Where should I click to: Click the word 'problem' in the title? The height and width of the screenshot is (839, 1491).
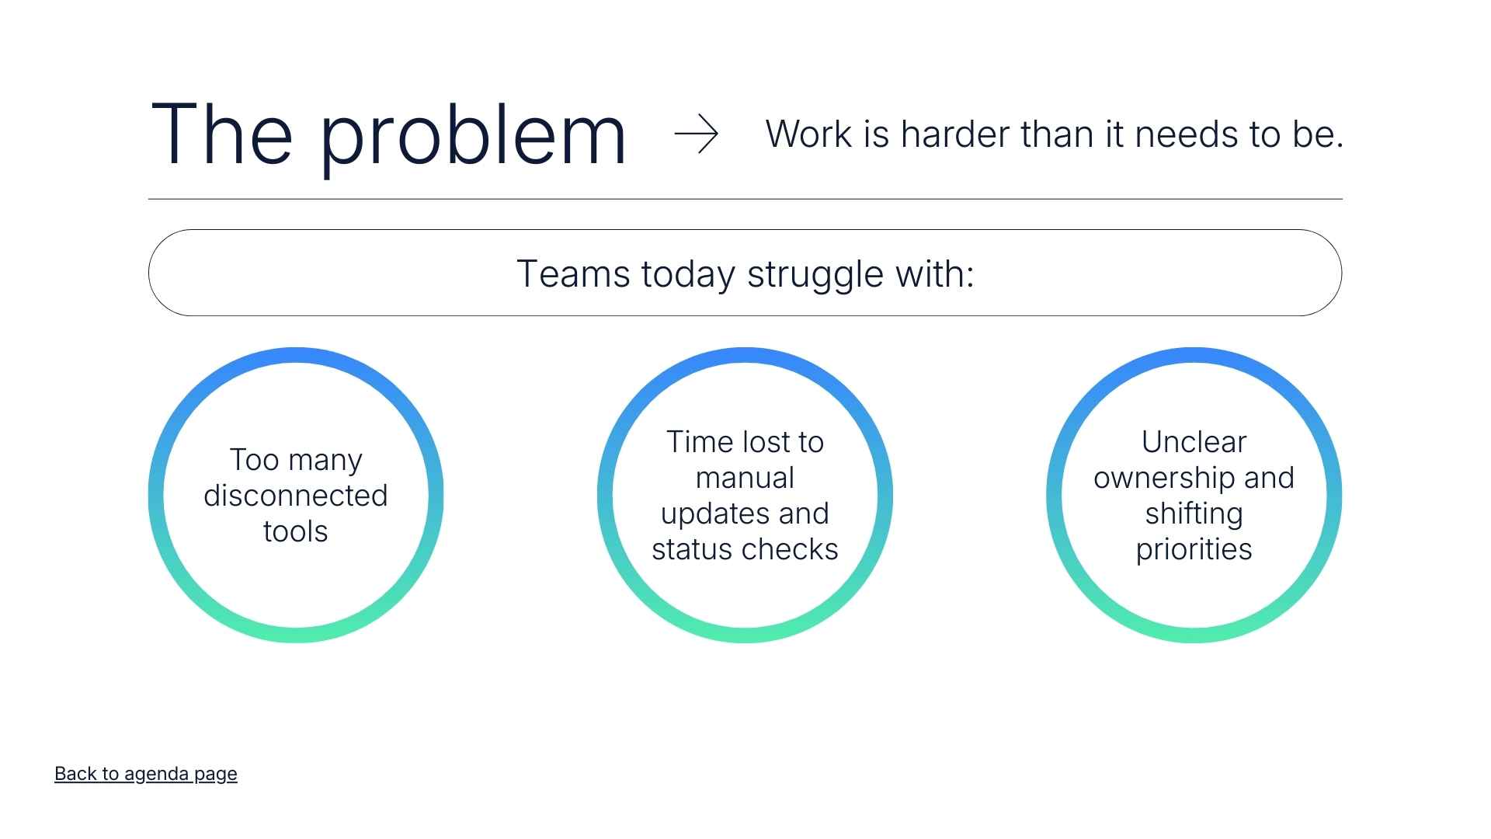[x=473, y=136]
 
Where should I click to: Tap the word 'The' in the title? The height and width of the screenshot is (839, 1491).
[x=222, y=133]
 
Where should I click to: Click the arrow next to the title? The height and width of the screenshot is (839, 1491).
[x=697, y=134]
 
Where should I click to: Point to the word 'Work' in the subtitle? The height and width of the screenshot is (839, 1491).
[x=809, y=134]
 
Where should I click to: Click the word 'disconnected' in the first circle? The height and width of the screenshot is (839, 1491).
[x=296, y=496]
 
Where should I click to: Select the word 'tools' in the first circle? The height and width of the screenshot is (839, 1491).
[x=296, y=531]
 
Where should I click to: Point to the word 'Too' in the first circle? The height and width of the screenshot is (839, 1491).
[x=254, y=460]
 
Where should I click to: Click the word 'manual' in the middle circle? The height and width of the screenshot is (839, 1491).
[x=745, y=478]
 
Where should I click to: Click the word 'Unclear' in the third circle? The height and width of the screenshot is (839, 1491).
[x=1194, y=442]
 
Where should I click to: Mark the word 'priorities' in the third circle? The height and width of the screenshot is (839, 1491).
[x=1194, y=550]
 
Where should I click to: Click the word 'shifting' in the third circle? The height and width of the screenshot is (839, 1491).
[x=1194, y=514]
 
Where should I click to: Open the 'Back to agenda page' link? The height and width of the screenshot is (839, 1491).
[x=146, y=774]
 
